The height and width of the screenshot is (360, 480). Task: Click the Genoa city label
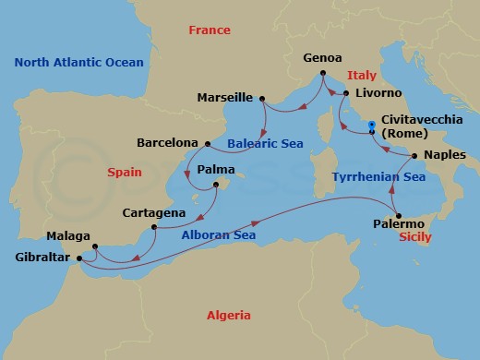pos(323,57)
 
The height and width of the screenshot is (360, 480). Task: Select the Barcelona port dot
pos(207,143)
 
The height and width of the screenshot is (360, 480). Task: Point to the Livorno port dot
pos(344,93)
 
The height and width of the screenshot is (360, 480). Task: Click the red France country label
pos(209,30)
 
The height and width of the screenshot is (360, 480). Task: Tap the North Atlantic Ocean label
pos(79,62)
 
